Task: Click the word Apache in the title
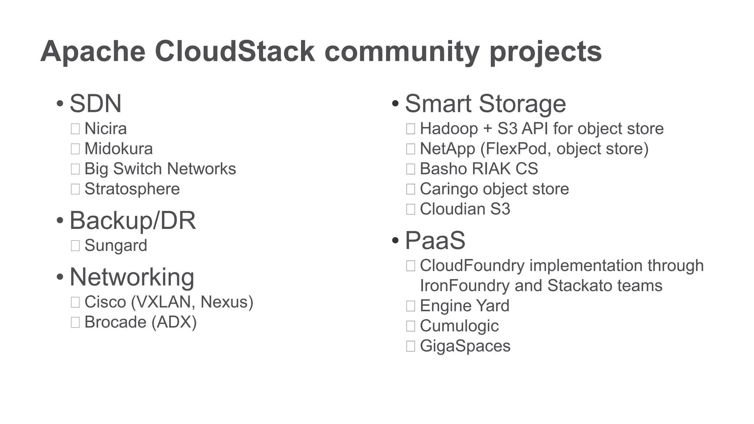93,52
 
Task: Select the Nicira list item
106,128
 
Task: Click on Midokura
119,149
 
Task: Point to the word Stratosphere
132,189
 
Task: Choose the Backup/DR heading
133,220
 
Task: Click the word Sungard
116,245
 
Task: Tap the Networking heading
132,277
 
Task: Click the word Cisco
105,302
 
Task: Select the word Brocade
116,322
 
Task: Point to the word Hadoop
449,128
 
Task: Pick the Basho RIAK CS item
479,169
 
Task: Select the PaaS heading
435,240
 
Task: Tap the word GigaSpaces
465,346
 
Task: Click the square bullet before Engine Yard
411,306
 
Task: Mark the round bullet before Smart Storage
395,103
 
